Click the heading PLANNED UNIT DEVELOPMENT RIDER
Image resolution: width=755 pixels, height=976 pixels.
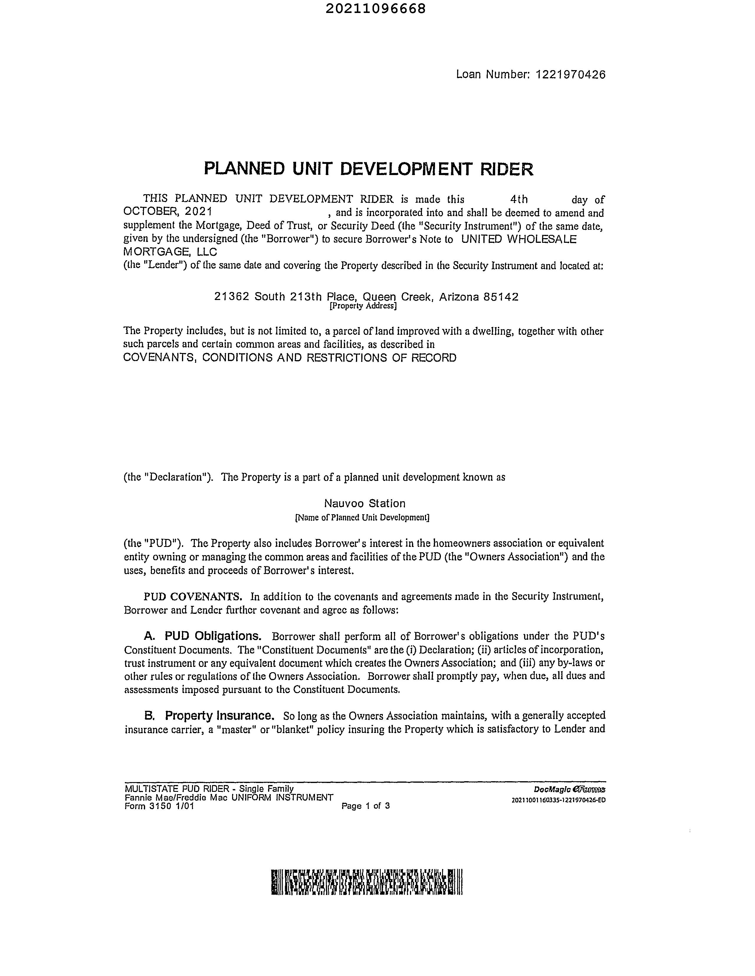369,169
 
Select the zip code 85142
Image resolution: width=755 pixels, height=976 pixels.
501,297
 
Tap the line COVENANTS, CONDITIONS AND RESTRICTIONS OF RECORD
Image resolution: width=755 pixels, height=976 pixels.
290,358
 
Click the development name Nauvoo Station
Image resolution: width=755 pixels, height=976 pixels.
365,504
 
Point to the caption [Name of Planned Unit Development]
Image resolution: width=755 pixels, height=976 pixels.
362,517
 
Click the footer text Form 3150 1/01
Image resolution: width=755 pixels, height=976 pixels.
159,806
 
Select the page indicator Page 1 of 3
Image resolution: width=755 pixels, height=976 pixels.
365,806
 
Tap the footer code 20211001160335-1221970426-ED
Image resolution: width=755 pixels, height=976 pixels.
558,800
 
